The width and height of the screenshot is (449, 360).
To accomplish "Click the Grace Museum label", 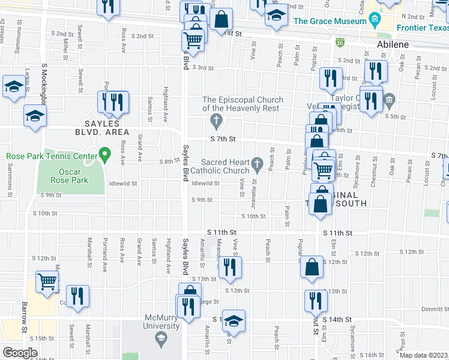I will (330, 22).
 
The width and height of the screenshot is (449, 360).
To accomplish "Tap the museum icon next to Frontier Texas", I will (375, 22).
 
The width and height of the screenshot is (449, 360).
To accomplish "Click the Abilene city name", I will (393, 44).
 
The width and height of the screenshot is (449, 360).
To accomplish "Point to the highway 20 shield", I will (340, 42).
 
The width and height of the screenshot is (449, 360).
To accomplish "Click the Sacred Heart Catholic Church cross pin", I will (258, 163).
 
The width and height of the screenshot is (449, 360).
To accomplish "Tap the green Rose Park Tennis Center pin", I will (104, 155).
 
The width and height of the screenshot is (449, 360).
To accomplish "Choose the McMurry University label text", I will (161, 322).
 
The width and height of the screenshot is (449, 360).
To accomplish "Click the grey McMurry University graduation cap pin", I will (161, 340).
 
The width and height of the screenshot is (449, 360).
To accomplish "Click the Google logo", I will (20, 352).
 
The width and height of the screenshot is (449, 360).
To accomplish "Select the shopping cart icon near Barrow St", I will (47, 281).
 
